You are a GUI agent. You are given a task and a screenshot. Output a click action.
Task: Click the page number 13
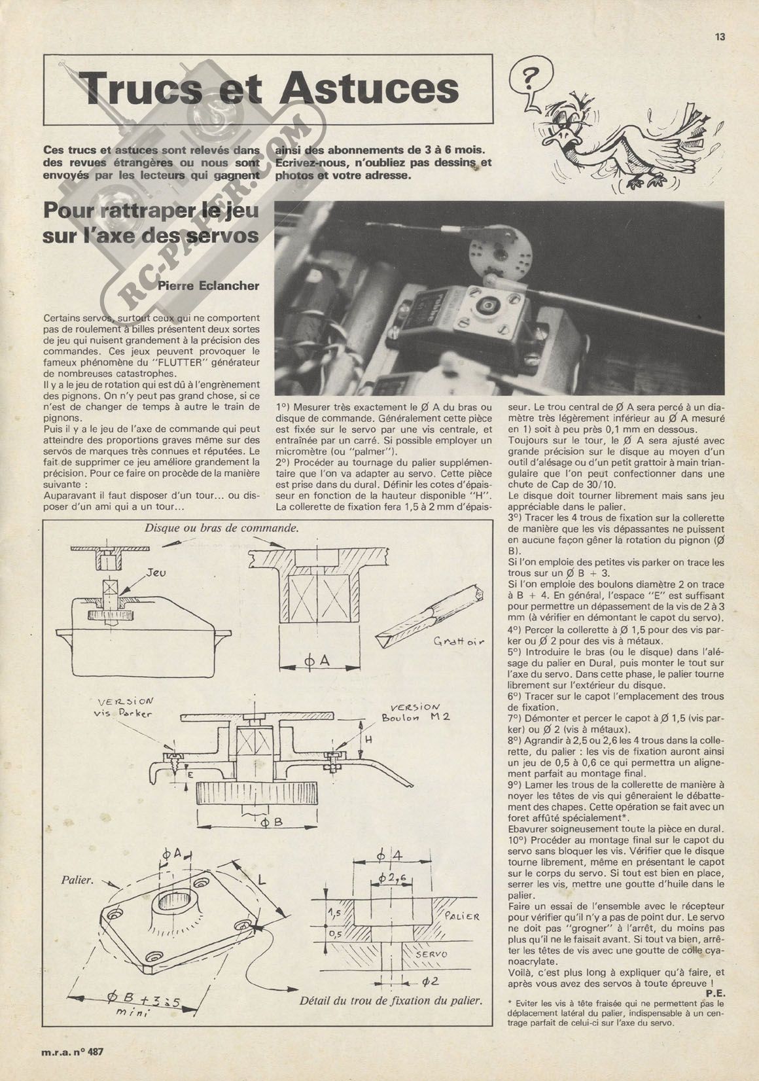tap(720, 37)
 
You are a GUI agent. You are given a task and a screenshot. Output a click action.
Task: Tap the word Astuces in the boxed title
tap(369, 88)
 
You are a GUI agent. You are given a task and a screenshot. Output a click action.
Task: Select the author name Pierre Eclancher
tap(208, 285)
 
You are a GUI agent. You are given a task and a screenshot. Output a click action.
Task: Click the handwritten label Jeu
tap(155, 573)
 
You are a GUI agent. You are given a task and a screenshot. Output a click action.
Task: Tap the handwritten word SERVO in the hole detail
tap(432, 955)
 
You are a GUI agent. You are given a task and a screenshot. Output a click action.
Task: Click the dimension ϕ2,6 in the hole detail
tap(393, 877)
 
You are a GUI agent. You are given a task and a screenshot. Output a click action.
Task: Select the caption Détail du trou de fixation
tap(391, 1000)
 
